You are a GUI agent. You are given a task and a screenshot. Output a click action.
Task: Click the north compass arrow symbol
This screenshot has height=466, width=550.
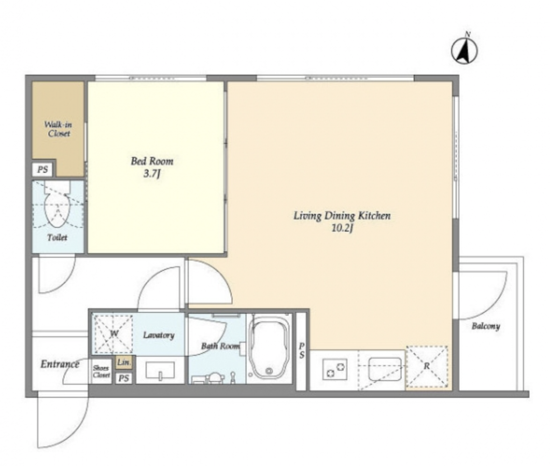click(465, 49)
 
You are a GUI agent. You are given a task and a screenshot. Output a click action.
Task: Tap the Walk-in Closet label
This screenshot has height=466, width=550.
click(58, 129)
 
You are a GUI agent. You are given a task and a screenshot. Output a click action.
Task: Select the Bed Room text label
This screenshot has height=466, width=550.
click(152, 161)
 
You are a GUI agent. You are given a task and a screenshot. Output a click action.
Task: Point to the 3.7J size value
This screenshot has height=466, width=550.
click(152, 174)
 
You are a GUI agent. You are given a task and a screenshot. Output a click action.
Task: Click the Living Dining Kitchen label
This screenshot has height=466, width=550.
click(342, 215)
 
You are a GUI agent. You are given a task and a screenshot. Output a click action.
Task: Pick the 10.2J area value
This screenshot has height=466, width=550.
click(342, 228)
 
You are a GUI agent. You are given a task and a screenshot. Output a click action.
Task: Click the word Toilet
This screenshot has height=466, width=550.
click(57, 238)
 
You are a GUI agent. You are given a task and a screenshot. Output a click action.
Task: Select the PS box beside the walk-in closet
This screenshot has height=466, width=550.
click(42, 169)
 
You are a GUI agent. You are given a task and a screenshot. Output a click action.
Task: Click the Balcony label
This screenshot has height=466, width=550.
click(486, 326)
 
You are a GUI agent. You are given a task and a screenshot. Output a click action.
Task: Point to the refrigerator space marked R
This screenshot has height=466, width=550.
click(427, 367)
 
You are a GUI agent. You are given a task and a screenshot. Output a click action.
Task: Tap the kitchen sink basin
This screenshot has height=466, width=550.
click(385, 369)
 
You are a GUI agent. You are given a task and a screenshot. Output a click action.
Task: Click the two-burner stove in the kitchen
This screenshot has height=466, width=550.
click(335, 369)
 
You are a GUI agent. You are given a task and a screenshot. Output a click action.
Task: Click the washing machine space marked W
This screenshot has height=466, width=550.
click(113, 334)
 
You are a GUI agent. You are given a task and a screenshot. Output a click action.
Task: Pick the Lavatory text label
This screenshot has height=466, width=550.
click(159, 335)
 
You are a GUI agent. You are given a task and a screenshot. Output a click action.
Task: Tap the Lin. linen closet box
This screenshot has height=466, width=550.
click(124, 362)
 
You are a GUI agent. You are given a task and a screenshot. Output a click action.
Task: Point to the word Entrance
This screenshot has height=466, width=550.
click(60, 364)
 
